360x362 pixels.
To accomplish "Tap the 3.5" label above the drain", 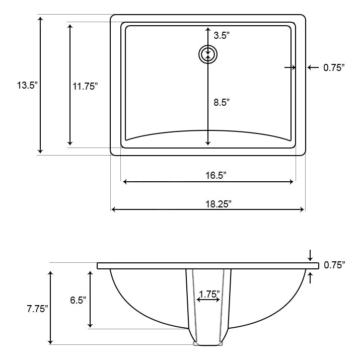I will tap(222, 35).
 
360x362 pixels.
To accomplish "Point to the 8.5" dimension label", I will tap(222, 102).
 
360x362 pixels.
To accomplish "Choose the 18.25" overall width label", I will tap(218, 204).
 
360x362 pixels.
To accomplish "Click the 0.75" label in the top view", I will tap(334, 67).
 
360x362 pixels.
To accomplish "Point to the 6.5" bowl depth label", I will tap(77, 300).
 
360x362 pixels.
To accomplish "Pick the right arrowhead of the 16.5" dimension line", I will tap(292, 182).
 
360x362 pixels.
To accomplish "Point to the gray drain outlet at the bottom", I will tap(208, 344).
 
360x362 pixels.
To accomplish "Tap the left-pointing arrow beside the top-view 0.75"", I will tap(310, 67).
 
